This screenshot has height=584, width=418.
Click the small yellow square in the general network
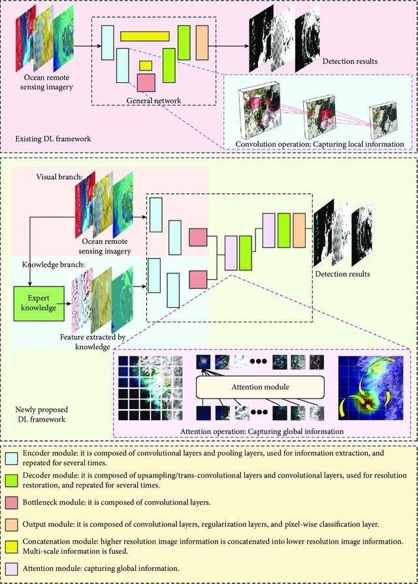pyautogui.click(x=146, y=65)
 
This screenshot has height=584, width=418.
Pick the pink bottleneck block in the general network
pyautogui.click(x=146, y=83)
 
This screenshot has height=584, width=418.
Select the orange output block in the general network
pyautogui.click(x=201, y=40)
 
